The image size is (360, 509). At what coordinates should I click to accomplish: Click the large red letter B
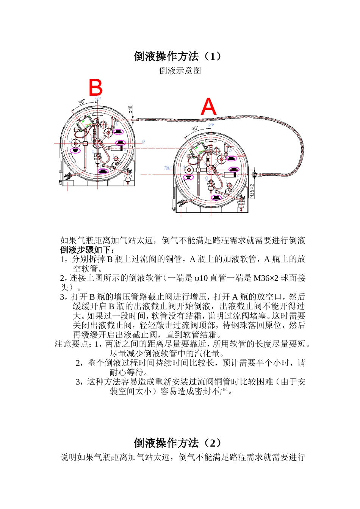(x=95, y=87)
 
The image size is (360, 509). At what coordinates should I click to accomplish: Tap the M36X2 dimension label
(x=252, y=191)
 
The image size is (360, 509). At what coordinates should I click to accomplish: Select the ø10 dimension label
(x=131, y=110)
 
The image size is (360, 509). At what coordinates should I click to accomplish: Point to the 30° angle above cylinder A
(x=195, y=129)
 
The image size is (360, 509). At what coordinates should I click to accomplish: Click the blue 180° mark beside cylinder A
(x=167, y=168)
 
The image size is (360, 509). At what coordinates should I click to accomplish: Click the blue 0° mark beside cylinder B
(x=143, y=142)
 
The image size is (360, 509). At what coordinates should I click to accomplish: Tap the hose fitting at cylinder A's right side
(x=255, y=174)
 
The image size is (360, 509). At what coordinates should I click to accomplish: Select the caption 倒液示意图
(x=180, y=71)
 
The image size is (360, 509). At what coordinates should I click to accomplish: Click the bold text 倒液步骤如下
(x=87, y=250)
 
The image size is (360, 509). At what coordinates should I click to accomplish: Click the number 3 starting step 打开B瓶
(x=63, y=297)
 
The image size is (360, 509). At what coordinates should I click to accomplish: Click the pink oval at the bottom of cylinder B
(x=103, y=171)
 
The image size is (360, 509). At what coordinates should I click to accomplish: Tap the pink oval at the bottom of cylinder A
(x=216, y=198)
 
